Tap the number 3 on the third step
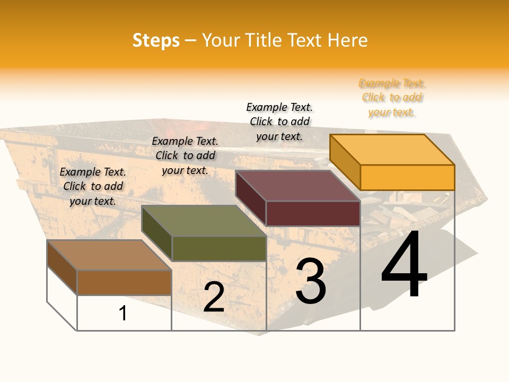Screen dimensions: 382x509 [x=311, y=281]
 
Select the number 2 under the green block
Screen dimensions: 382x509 [x=214, y=297]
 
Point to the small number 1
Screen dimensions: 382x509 [x=123, y=313]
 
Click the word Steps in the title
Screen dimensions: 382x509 [x=156, y=40]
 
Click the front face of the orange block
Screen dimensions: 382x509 [x=407, y=177]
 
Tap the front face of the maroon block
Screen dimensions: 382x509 [x=313, y=213]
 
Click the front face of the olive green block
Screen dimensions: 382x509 [x=219, y=248]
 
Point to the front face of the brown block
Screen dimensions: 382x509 [x=124, y=282]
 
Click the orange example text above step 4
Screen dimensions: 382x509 [x=392, y=98]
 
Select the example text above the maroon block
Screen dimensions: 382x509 [x=279, y=121]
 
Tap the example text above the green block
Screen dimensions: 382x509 [x=185, y=155]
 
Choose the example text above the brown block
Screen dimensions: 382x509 [x=93, y=186]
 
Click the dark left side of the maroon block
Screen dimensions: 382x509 [x=250, y=197]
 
